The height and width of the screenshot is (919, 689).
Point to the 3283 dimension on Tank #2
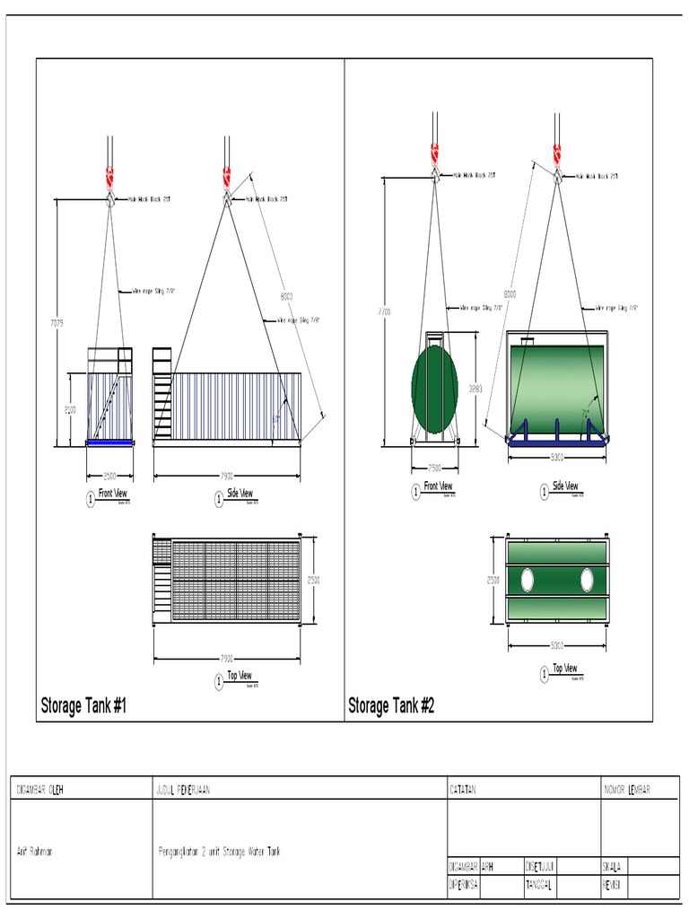tap(475, 389)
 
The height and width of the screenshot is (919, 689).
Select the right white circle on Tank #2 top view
tap(587, 580)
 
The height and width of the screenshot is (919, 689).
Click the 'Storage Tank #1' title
tap(83, 706)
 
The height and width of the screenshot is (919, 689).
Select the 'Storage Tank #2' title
tap(391, 706)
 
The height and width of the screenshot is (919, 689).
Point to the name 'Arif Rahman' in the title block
tap(35, 852)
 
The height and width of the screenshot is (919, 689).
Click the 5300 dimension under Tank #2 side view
tap(558, 458)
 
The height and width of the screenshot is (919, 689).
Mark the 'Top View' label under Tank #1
tap(239, 676)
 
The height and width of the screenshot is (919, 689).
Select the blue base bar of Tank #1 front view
tap(109, 442)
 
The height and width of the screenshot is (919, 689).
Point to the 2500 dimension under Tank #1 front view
tap(109, 475)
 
